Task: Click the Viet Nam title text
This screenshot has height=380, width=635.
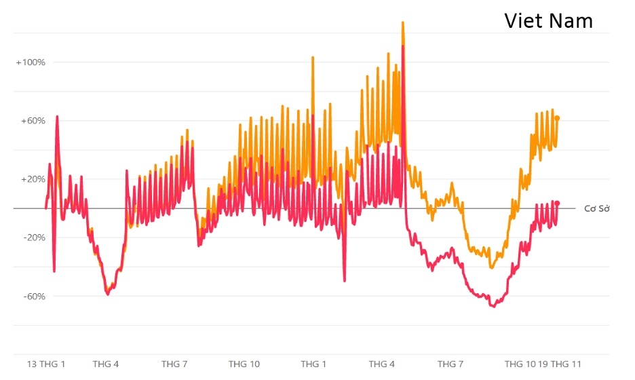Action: [548, 20]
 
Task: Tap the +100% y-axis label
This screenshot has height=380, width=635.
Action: [31, 62]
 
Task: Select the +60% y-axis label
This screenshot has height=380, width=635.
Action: [32, 121]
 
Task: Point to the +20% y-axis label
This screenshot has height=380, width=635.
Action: [32, 179]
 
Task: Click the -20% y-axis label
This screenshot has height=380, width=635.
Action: [32, 237]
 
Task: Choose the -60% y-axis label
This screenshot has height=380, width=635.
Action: [32, 297]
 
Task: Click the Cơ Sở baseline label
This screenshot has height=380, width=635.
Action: [596, 208]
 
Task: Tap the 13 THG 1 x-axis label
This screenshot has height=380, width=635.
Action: [46, 364]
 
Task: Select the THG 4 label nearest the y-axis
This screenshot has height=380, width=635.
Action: [106, 364]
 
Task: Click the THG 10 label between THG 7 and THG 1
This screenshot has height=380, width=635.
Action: [244, 364]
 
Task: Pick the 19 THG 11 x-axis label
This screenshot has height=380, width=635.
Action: [560, 364]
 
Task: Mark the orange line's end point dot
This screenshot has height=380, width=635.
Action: [558, 118]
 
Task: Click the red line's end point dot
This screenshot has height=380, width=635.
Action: [558, 203]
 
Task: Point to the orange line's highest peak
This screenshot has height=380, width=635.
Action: [402, 22]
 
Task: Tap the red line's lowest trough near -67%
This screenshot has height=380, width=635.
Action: [493, 306]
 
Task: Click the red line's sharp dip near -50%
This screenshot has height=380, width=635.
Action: [345, 280]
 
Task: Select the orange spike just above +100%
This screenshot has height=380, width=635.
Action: [313, 58]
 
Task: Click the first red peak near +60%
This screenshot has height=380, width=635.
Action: [57, 117]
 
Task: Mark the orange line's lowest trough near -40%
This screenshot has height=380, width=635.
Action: [491, 267]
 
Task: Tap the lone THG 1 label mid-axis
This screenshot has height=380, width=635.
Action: [313, 364]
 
